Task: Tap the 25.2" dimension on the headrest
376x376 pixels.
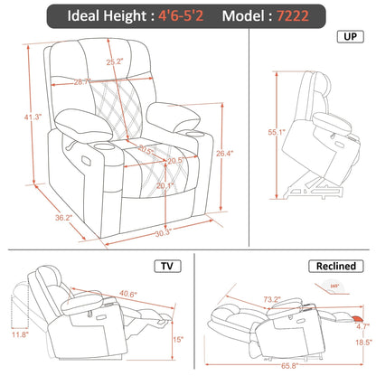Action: coord(115,62)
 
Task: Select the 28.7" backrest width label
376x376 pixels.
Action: coord(82,81)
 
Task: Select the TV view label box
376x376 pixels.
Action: coord(166,267)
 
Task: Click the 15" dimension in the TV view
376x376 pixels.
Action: coord(178,340)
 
